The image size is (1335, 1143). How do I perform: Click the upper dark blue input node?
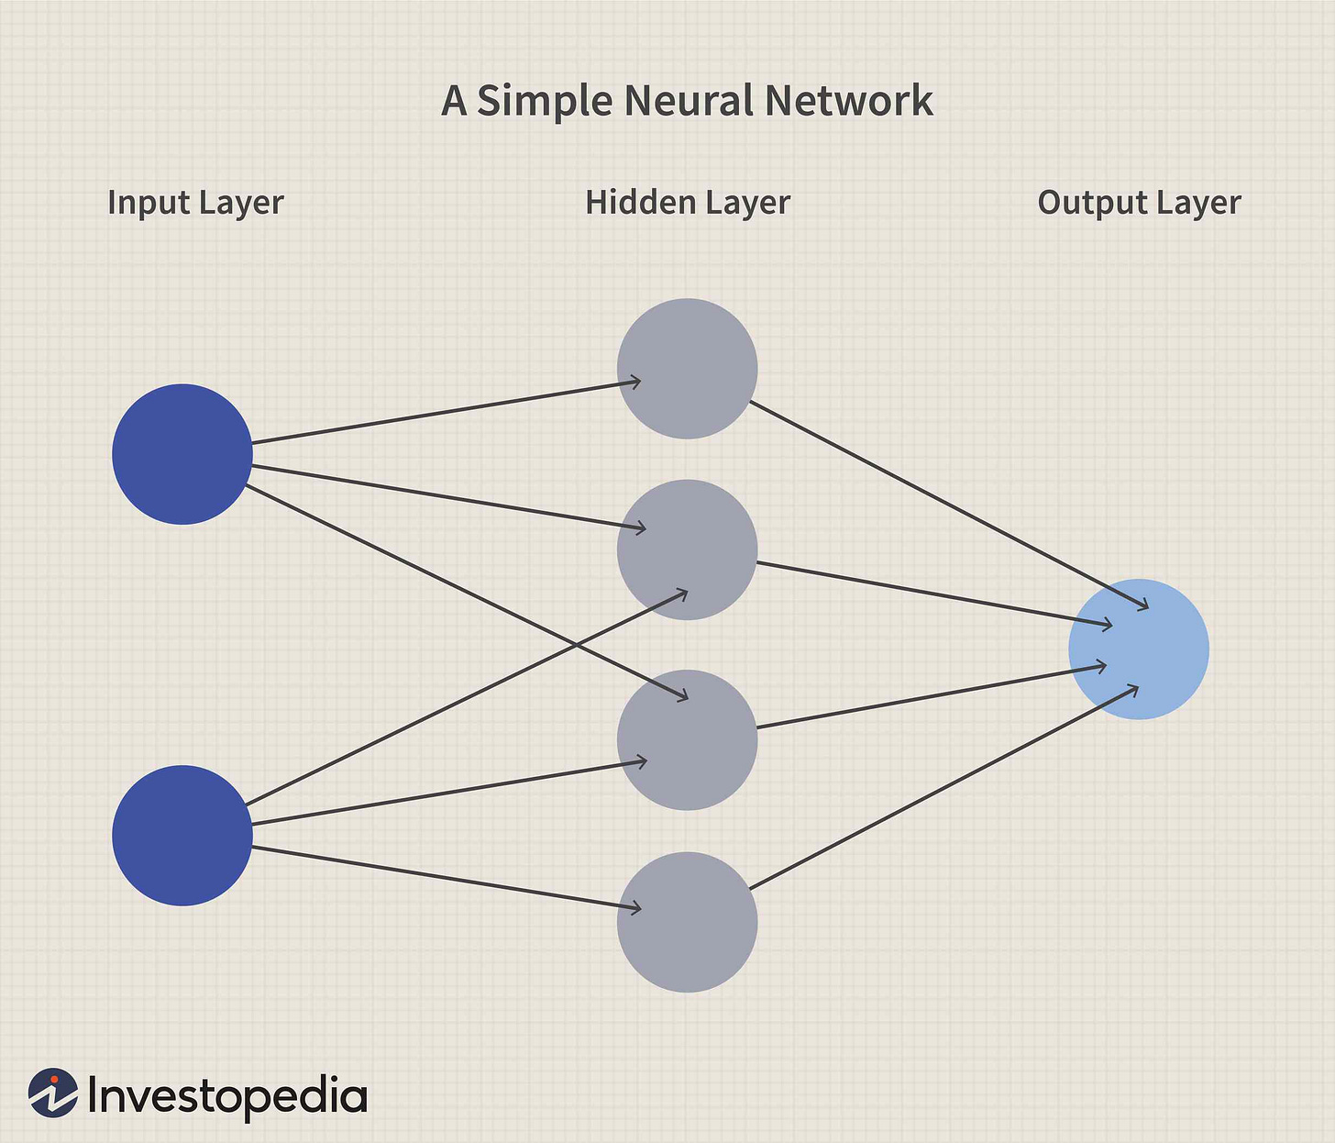pyautogui.click(x=182, y=454)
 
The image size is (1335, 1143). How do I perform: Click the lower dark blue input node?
pyautogui.click(x=182, y=836)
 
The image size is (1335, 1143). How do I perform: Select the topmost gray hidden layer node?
pyautogui.click(x=687, y=368)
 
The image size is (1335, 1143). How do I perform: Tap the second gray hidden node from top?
pyautogui.click(x=687, y=549)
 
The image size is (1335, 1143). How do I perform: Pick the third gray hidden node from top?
pyautogui.click(x=687, y=739)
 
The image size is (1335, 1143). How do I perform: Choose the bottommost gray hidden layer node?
pyautogui.click(x=687, y=922)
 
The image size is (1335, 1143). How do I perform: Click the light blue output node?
pyautogui.click(x=1139, y=649)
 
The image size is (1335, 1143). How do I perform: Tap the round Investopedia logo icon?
pyautogui.click(x=53, y=1093)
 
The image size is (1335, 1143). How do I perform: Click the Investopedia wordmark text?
pyautogui.click(x=227, y=1096)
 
